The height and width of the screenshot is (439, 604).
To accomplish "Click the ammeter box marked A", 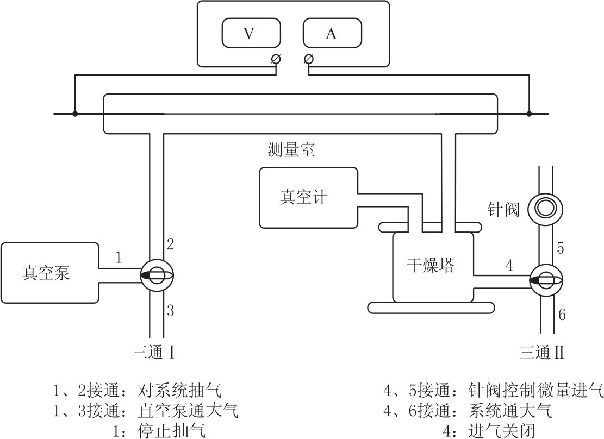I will [x=331, y=34].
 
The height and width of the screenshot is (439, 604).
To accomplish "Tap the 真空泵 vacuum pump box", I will [x=49, y=273].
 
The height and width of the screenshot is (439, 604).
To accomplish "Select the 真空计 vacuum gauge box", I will [x=308, y=197].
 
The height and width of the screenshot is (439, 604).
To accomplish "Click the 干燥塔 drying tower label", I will [x=431, y=266].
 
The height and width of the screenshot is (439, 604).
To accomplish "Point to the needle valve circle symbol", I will [x=545, y=208].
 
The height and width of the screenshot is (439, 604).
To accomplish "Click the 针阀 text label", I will [x=503, y=209].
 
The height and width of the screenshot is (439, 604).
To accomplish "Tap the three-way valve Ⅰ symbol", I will [x=157, y=275].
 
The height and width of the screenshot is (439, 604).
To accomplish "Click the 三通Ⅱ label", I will [x=541, y=353].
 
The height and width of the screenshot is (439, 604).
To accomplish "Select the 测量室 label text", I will [x=291, y=150].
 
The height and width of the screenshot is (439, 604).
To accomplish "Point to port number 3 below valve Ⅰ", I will [x=170, y=311].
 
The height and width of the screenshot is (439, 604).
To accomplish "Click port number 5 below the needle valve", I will [x=561, y=248].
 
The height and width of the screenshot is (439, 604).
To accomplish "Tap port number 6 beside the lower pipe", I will [x=562, y=314].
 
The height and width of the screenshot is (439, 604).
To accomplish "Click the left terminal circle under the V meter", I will [x=276, y=59].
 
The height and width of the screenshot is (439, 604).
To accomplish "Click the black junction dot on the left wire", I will [x=75, y=114].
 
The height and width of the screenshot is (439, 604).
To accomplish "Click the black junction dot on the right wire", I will [x=529, y=114].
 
